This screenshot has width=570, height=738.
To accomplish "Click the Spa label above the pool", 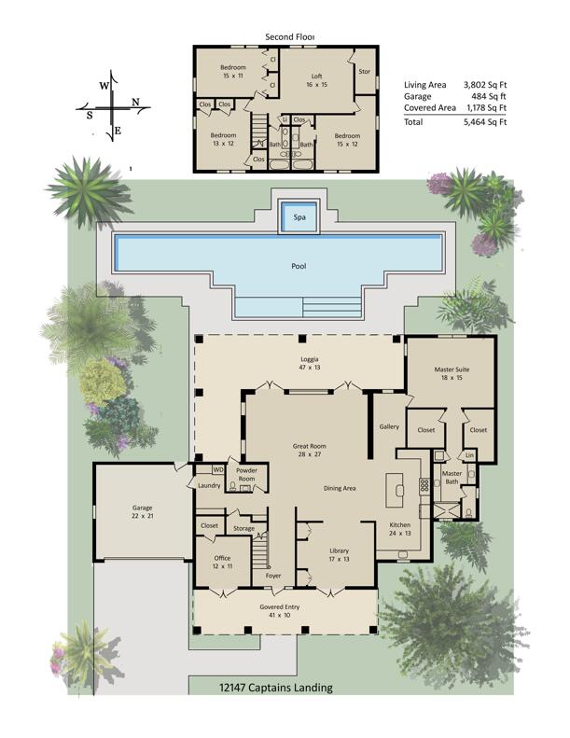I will point(299,216).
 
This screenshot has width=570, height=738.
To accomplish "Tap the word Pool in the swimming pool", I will point(299,266).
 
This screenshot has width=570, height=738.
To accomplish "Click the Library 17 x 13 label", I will point(339,556).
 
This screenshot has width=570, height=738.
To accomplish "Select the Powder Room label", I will point(246,475).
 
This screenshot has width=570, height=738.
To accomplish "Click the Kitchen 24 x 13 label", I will point(399,530).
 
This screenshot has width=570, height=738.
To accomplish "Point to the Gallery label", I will point(389,426).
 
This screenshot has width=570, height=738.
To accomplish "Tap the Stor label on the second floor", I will point(364,70).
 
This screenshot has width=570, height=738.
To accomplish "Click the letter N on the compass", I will point(136,102).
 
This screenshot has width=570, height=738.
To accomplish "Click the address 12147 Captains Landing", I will point(275,688).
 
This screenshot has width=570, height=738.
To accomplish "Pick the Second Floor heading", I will point(290,37).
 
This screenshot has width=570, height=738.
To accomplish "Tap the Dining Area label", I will point(340,488).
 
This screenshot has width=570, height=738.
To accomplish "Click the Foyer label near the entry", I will point(273,576).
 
